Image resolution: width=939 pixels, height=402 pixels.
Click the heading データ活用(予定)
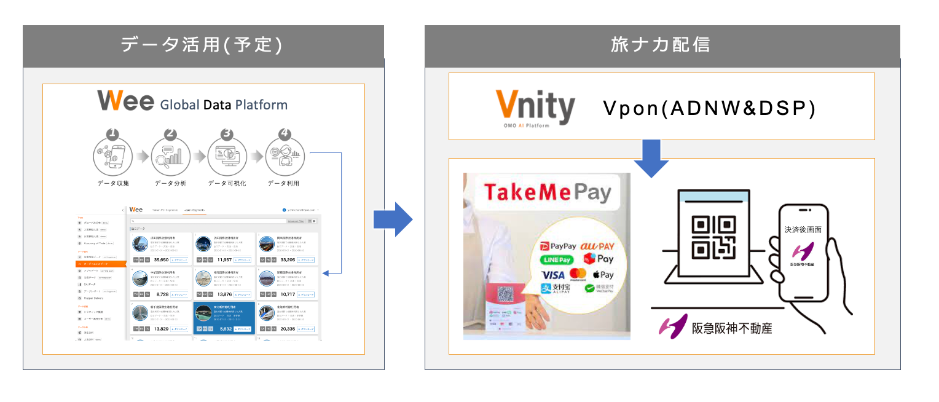(x=202, y=45)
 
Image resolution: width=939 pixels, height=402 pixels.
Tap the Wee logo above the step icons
(x=125, y=101)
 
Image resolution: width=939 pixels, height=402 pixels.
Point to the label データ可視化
(x=227, y=183)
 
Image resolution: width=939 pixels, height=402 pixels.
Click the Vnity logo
(x=535, y=107)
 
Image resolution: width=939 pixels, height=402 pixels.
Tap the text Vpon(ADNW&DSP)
(x=709, y=108)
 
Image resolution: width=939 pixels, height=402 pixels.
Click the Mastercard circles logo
(x=578, y=275)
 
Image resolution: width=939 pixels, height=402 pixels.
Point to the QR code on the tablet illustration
(x=713, y=237)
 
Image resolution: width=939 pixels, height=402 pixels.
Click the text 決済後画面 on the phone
(x=803, y=229)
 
